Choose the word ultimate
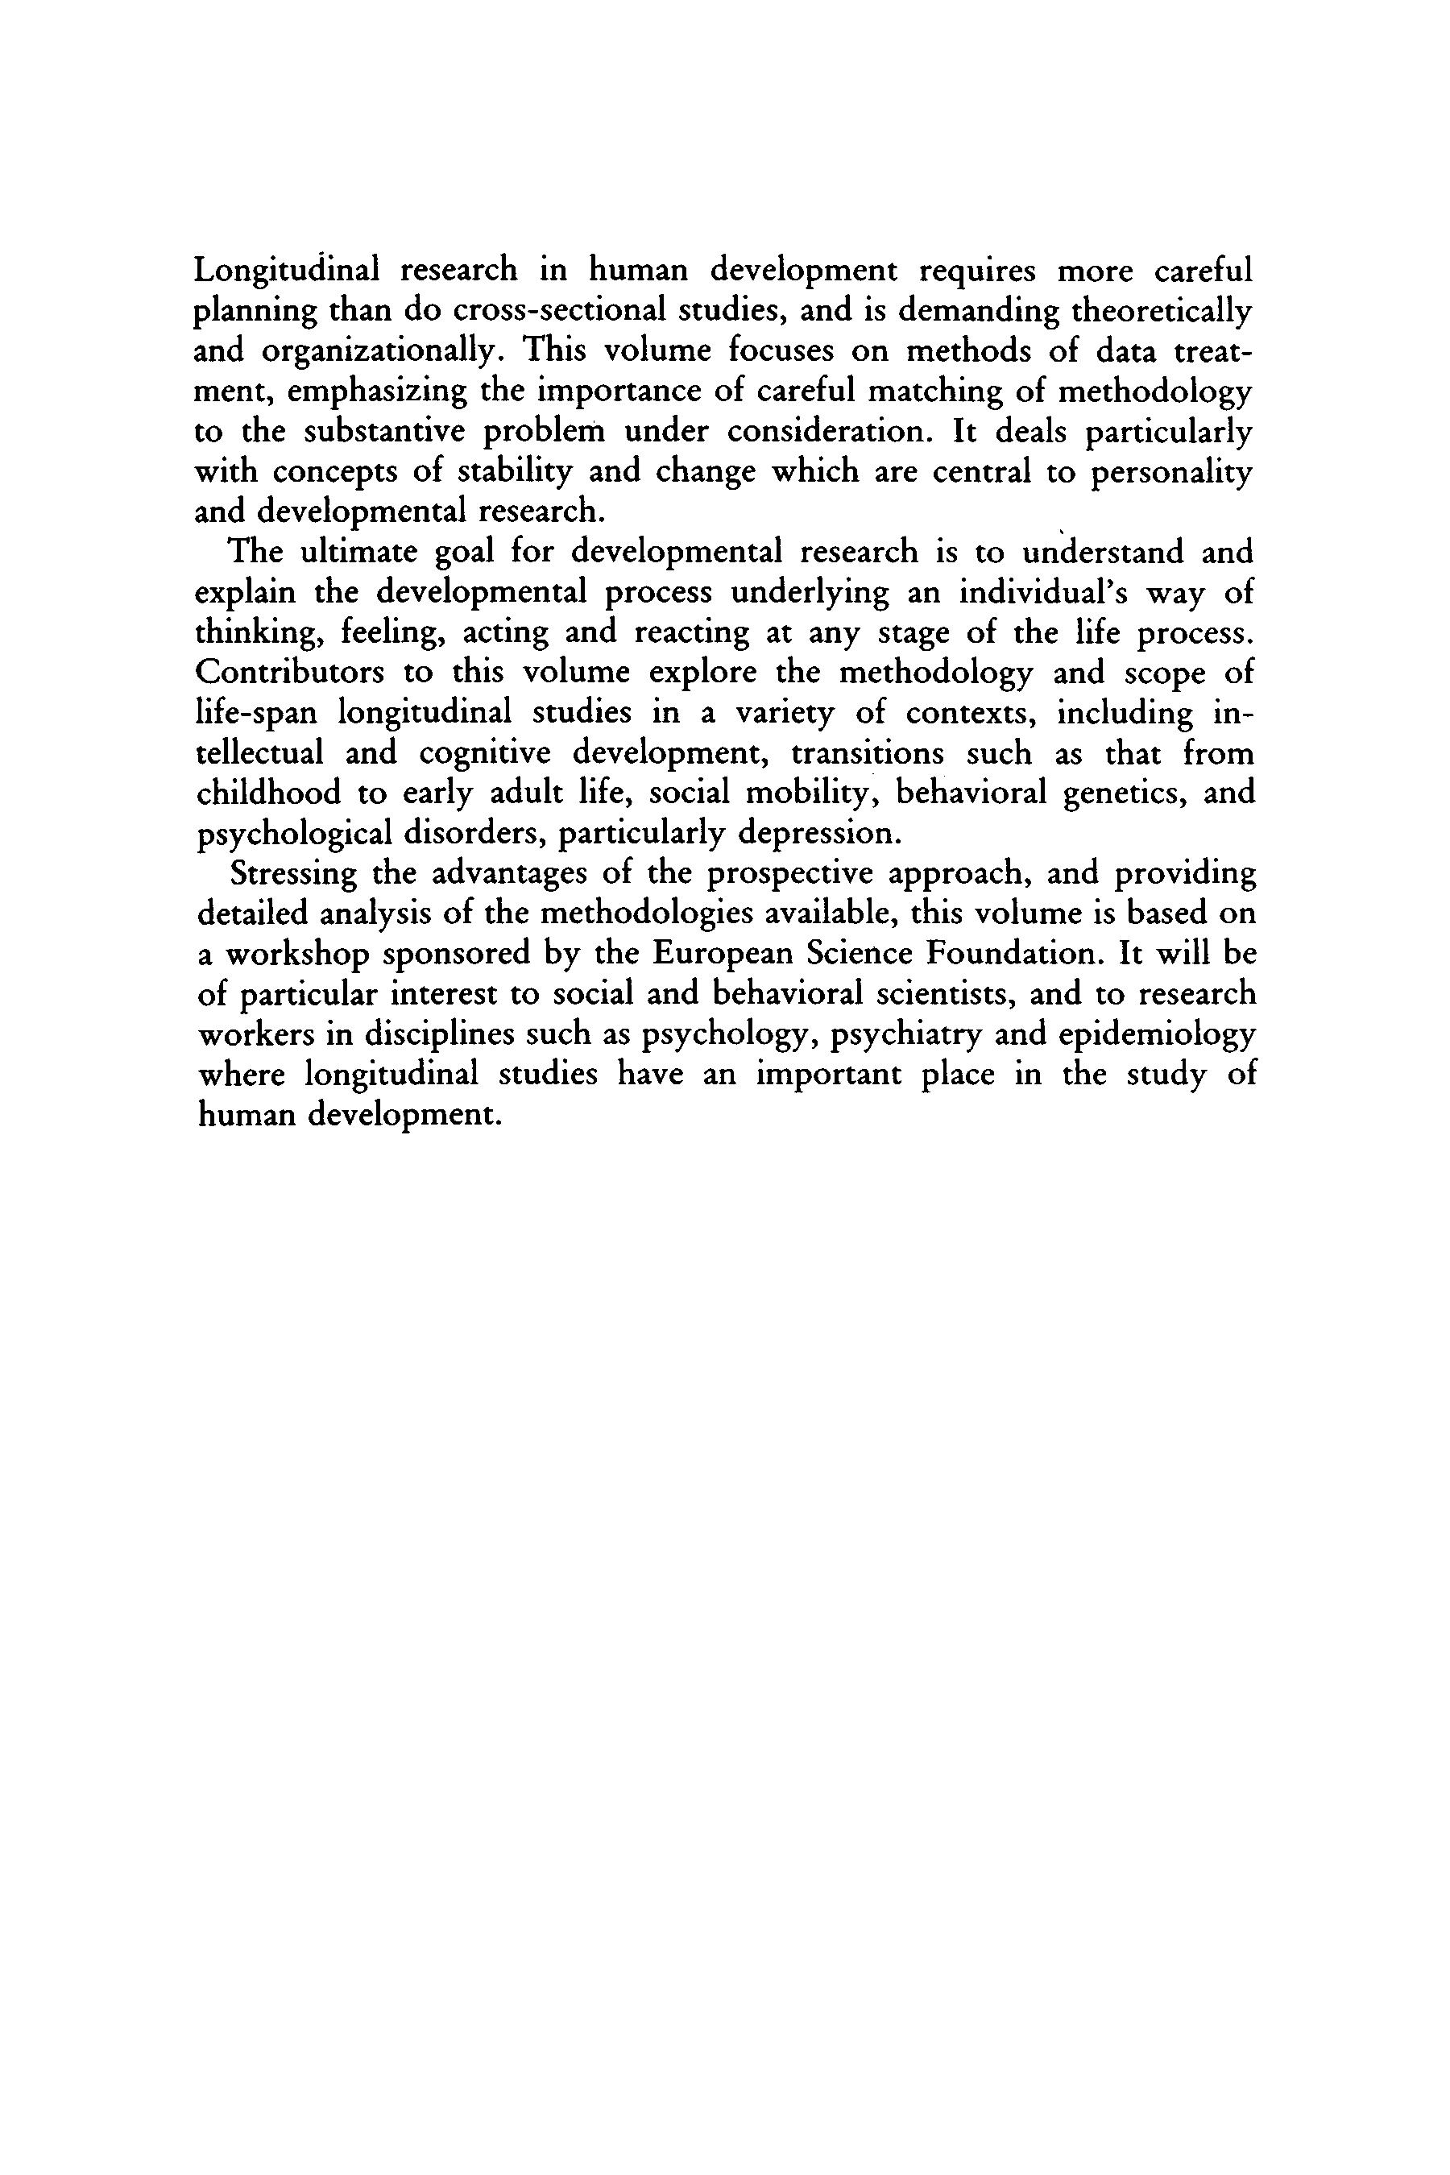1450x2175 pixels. (x=357, y=552)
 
